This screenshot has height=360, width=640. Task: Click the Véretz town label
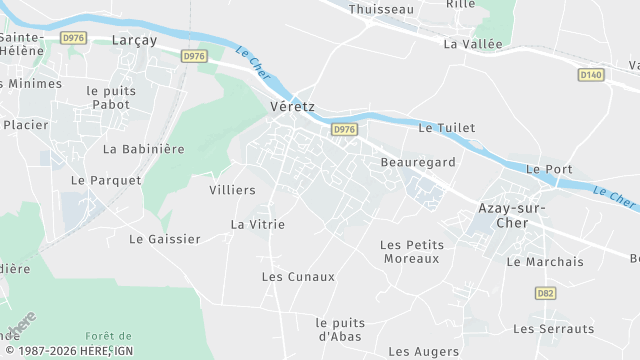[293, 105]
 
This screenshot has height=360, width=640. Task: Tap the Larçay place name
[136, 40]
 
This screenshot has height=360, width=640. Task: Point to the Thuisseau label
[381, 9]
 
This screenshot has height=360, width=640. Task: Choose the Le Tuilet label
[446, 128]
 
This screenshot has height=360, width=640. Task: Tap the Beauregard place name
[418, 161]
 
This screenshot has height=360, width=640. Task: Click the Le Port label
[548, 169]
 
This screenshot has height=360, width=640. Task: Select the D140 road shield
[591, 74]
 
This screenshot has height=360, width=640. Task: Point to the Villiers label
[232, 189]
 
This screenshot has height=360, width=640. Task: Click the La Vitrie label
[258, 224]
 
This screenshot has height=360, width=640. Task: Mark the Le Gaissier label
[165, 239]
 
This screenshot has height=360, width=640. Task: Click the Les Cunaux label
[297, 276]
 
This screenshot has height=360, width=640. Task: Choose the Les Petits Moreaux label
[411, 251]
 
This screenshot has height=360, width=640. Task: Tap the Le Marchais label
[545, 262]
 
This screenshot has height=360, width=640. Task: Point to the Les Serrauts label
[553, 328]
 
